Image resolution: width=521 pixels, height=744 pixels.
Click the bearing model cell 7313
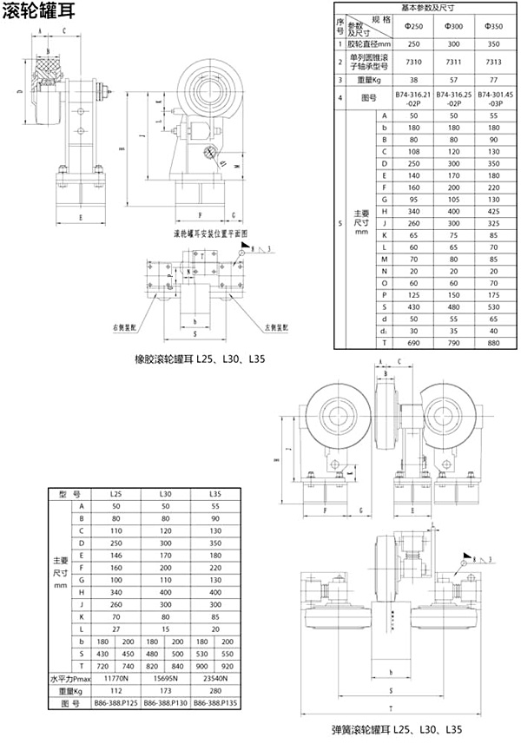click(491, 61)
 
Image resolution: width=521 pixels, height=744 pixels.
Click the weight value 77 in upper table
click(491, 79)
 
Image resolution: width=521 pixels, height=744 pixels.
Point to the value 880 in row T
click(491, 345)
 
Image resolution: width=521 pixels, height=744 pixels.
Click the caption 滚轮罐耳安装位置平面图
click(210, 234)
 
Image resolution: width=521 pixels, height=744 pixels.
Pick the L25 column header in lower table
click(116, 493)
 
